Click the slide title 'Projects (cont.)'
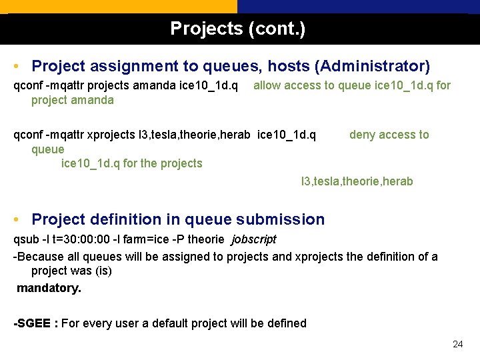238,29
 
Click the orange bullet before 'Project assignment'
16,67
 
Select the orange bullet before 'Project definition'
16,219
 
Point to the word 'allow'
267,85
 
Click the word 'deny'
363,135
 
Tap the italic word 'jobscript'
253,239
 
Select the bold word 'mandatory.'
49,289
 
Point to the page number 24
457,345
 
